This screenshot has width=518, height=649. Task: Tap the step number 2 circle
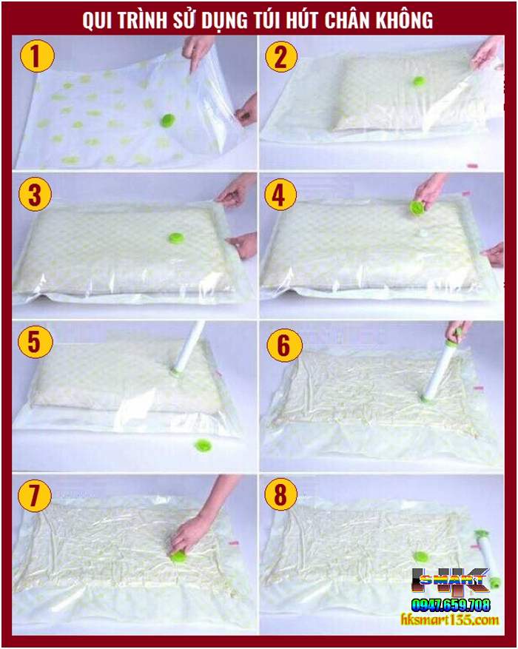coord(280,57)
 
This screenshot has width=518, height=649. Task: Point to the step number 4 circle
coord(280,195)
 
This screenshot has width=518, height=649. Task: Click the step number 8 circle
coord(280,497)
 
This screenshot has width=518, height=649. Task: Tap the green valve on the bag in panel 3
coord(176,238)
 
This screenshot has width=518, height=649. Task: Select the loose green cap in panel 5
coord(202,445)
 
